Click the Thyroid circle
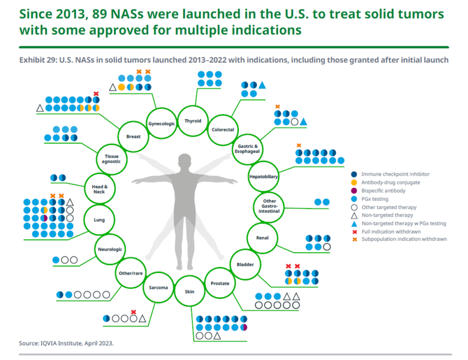click(x=192, y=121)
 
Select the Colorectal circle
click(x=223, y=129)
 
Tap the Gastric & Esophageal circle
click(x=247, y=148)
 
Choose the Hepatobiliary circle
click(x=264, y=176)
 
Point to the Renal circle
click(x=262, y=238)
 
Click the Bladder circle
click(x=242, y=265)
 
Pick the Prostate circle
click(x=220, y=283)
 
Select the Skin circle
click(x=189, y=291)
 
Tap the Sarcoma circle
click(x=159, y=287)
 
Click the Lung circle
click(x=99, y=220)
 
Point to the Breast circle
click(x=133, y=136)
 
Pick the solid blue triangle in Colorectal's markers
click(x=262, y=85)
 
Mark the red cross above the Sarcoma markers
click(x=133, y=312)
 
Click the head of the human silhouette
click(x=184, y=161)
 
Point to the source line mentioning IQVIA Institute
click(x=66, y=343)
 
